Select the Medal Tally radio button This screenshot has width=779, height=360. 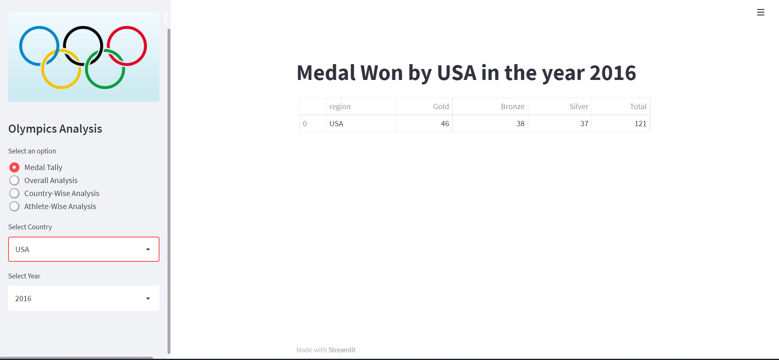point(14,167)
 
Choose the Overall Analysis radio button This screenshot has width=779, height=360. point(14,180)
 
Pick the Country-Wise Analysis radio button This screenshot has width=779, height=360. point(14,193)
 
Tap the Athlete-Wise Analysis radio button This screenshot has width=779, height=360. point(14,206)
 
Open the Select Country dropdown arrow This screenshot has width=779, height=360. point(148,249)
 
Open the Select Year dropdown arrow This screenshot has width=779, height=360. point(148,298)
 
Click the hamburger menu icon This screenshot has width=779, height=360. point(760,12)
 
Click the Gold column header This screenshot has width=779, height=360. point(441,106)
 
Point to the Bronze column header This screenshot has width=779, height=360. point(512,106)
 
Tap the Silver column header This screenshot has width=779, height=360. point(579,106)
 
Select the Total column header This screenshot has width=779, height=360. point(638,106)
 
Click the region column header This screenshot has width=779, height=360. point(340,106)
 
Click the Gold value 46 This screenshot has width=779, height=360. point(445,123)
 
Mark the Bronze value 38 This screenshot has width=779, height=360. point(520,123)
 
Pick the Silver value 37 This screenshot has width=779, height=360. point(584,123)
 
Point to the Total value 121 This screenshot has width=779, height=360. point(640,123)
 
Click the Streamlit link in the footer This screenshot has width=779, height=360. point(342,350)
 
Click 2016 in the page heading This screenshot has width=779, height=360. point(613,73)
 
